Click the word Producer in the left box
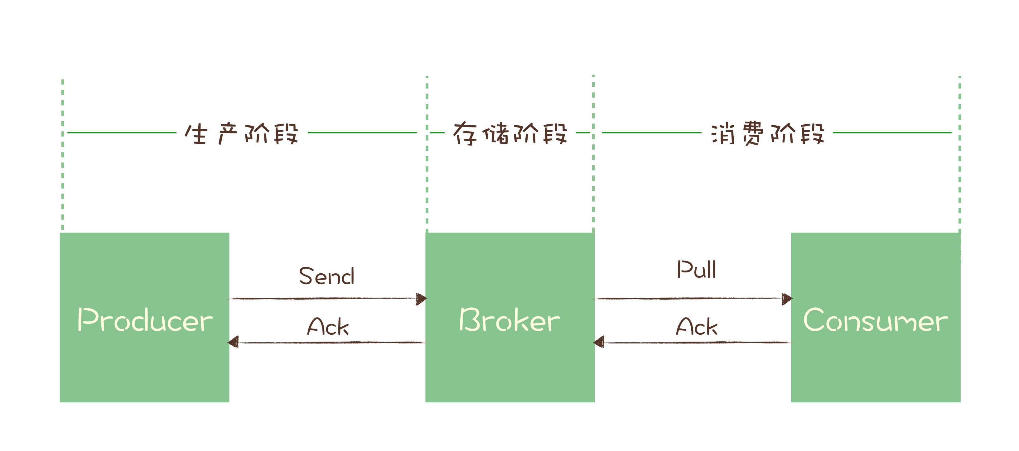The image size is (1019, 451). click(145, 320)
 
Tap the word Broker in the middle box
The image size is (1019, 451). click(509, 320)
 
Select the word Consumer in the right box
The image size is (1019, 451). click(875, 320)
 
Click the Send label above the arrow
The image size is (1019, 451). click(327, 276)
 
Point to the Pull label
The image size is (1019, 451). click(696, 270)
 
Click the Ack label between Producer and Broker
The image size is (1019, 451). click(328, 327)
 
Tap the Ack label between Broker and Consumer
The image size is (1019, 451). click(697, 327)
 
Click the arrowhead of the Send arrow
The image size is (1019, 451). click(421, 299)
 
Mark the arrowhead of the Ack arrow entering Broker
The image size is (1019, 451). click(599, 342)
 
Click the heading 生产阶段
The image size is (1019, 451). click(241, 134)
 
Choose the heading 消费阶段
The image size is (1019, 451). click(767, 134)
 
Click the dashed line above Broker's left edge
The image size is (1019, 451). click(427, 178)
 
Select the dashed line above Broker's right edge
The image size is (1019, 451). click(593, 178)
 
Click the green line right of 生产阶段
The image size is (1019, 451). click(362, 133)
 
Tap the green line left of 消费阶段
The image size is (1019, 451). click(651, 133)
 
